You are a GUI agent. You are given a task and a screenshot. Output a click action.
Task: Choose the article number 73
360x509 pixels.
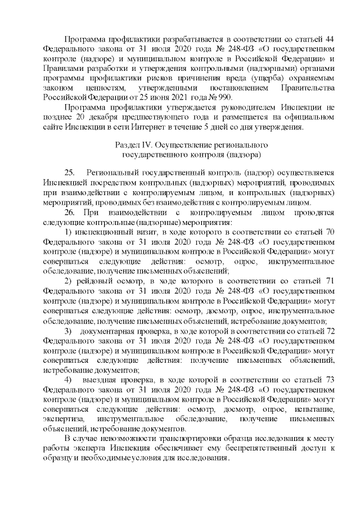point(330,380)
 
